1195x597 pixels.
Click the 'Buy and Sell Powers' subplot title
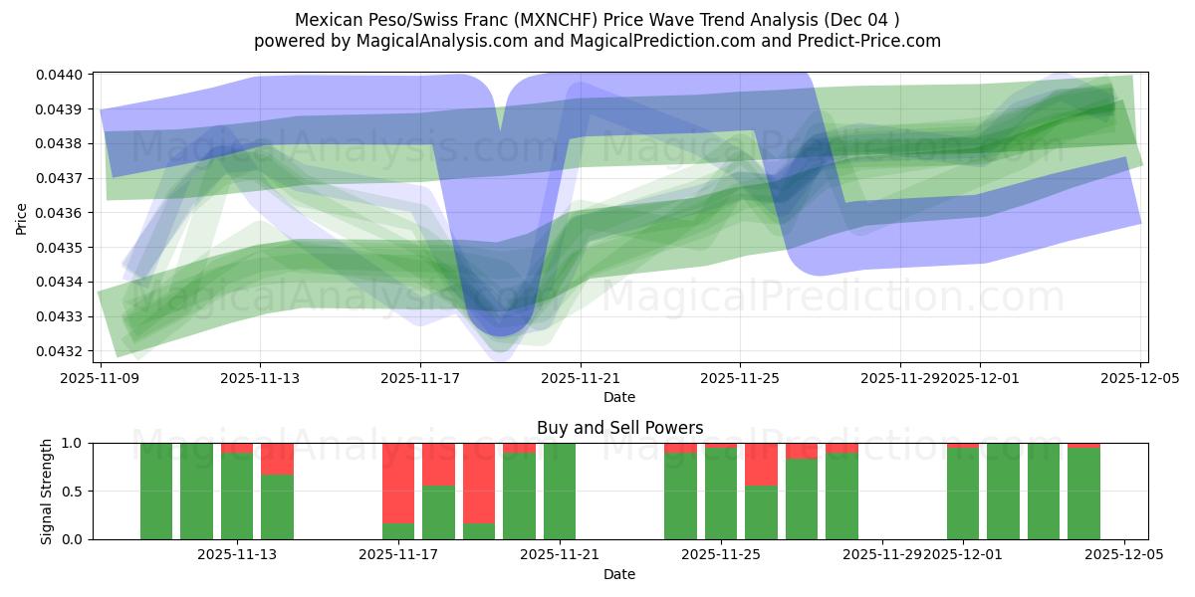(x=619, y=428)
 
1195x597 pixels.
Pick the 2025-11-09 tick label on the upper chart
(x=100, y=378)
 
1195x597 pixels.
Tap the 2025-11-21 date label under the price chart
(x=581, y=378)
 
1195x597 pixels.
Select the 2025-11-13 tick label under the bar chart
(x=237, y=555)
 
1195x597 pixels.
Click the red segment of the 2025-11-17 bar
(x=398, y=483)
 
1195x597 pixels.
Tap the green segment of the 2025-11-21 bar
(x=560, y=492)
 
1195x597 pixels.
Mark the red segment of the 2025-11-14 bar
(x=277, y=459)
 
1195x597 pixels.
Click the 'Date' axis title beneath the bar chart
(x=619, y=574)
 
